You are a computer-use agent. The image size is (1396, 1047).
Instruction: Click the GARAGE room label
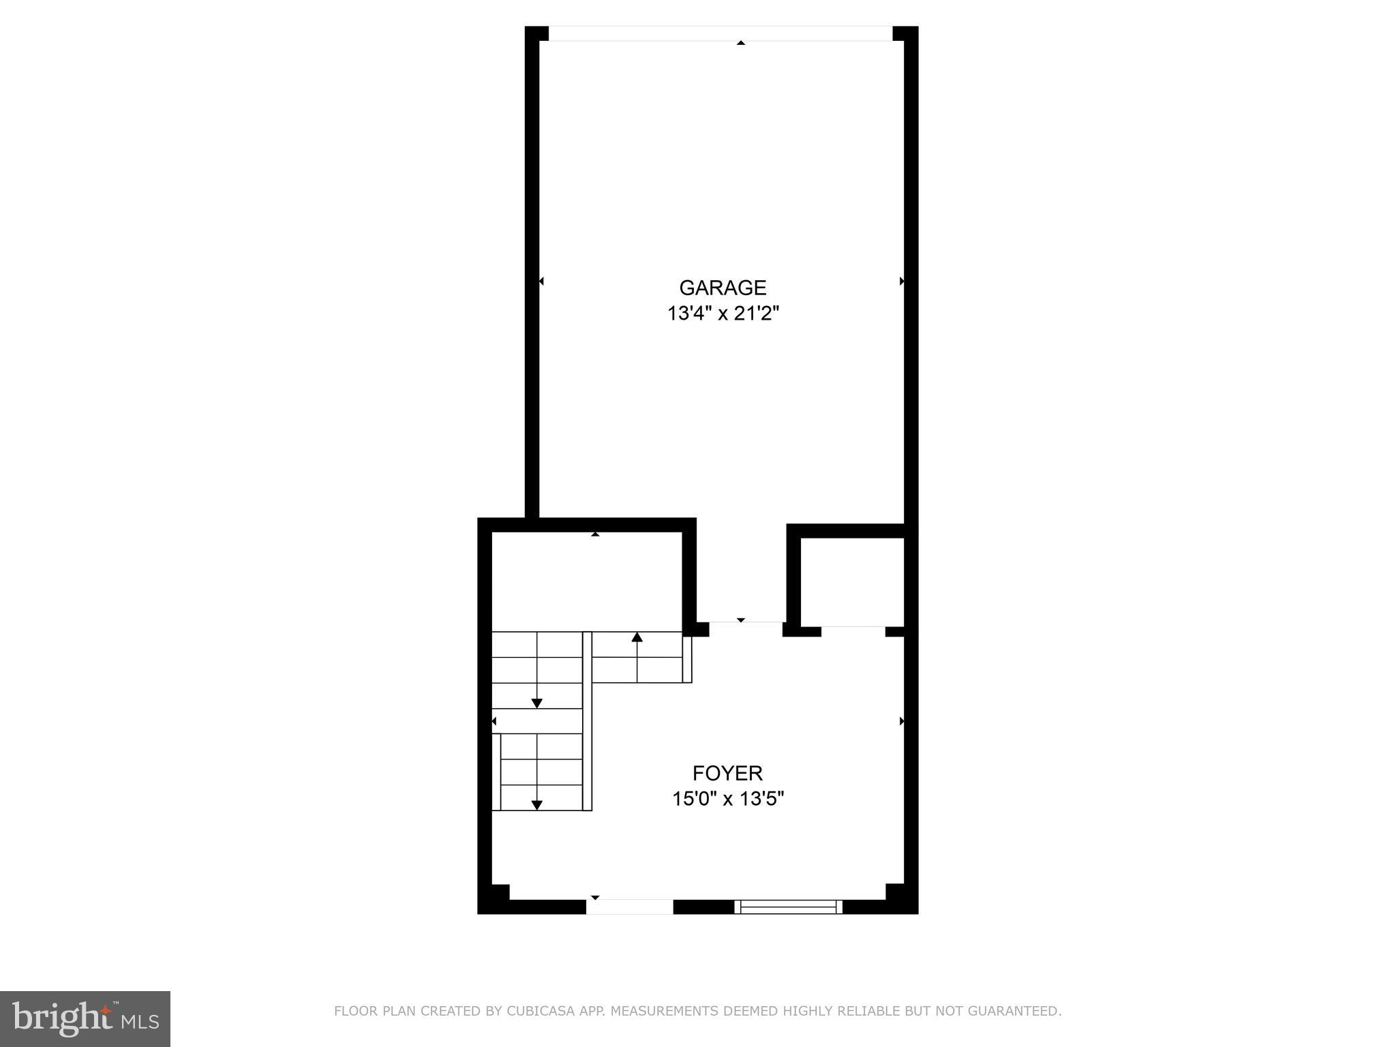[723, 288]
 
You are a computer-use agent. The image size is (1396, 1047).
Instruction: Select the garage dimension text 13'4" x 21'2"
[723, 314]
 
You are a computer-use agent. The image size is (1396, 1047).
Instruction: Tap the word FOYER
[727, 773]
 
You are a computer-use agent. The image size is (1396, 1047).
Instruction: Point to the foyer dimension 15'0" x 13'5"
[728, 798]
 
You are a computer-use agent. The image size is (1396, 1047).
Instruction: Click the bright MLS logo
[85, 1018]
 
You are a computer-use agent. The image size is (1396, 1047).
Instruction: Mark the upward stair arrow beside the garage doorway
[637, 637]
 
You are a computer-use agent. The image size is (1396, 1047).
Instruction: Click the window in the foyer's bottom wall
[789, 907]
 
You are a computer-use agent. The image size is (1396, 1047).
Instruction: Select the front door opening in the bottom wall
[630, 907]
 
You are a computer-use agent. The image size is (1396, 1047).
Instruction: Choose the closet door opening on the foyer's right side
[853, 631]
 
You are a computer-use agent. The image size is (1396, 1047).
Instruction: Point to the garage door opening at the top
[720, 33]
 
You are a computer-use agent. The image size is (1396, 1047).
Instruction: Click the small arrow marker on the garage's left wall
[541, 281]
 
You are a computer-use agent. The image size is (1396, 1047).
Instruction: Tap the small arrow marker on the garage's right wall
[902, 281]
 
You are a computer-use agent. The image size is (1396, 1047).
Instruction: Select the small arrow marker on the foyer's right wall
[902, 721]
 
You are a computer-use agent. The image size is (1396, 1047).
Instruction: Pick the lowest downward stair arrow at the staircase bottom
[537, 805]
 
